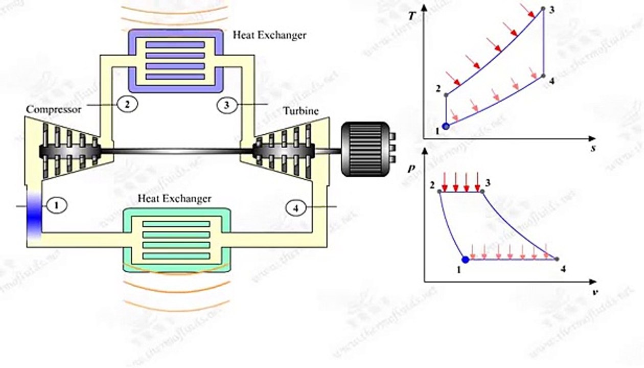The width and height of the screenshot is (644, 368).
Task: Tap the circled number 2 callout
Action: (x=127, y=104)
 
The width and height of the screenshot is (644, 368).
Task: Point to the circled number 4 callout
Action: (x=295, y=208)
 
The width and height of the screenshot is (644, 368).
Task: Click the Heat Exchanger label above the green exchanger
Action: (x=175, y=198)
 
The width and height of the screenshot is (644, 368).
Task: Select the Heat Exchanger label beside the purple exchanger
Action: (x=269, y=35)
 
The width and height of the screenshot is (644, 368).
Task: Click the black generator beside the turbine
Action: (x=364, y=149)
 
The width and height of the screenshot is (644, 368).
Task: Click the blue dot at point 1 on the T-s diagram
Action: (x=446, y=126)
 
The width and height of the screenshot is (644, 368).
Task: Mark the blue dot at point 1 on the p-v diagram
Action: (x=465, y=260)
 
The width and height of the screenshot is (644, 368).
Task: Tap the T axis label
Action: (x=412, y=16)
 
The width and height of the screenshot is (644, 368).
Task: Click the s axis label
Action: (x=594, y=148)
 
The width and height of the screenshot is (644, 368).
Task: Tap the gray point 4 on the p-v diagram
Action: (x=557, y=259)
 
